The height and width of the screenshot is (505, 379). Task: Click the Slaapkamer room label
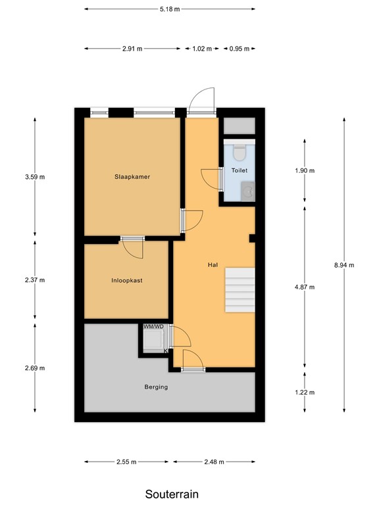pyautogui.click(x=128, y=176)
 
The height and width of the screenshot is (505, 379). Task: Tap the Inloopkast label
pyautogui.click(x=127, y=280)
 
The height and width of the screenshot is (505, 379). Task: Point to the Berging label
pyautogui.click(x=156, y=387)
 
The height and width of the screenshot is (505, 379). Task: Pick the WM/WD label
pyautogui.click(x=153, y=326)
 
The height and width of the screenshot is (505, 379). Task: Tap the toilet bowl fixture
pyautogui.click(x=240, y=152)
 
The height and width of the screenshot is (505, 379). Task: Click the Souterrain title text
pyautogui.click(x=171, y=493)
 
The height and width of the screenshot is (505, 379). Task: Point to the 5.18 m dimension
pyautogui.click(x=170, y=9)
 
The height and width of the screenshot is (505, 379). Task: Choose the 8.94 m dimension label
pyautogui.click(x=344, y=265)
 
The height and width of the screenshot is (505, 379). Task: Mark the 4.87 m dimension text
pyautogui.click(x=305, y=287)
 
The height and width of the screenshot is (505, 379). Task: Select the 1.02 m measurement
pyautogui.click(x=201, y=49)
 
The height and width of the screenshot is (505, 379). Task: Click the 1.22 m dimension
pyautogui.click(x=305, y=393)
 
